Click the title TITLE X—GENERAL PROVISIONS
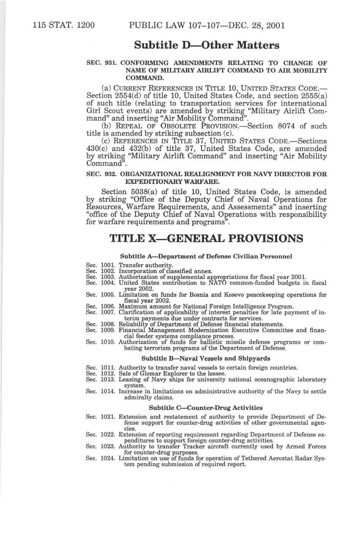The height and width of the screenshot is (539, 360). [206, 239]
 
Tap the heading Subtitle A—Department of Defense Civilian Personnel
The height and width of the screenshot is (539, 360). [206, 256]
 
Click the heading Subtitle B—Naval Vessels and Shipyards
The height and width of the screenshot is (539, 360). [206, 358]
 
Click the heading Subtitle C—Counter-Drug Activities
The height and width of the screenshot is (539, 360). [206, 408]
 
